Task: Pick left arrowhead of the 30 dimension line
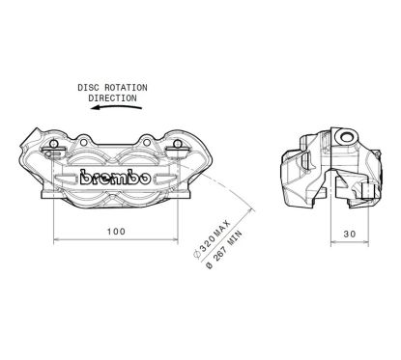333,244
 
